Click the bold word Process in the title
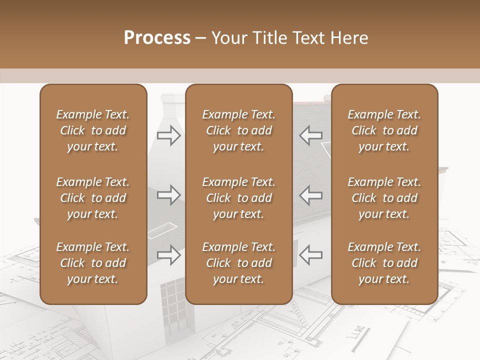[157, 38]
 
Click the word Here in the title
[350, 38]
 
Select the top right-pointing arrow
[168, 135]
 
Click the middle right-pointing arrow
[168, 195]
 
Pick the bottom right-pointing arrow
[168, 255]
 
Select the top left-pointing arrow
[311, 135]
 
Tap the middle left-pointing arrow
[311, 195]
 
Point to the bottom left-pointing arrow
[311, 255]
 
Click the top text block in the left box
[93, 130]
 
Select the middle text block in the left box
[93, 198]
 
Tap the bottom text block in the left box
[93, 263]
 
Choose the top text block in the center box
[238, 130]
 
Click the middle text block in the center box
[238, 198]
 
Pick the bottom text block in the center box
[238, 263]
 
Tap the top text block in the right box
[384, 130]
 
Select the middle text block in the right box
[384, 198]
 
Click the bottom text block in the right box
[384, 263]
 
